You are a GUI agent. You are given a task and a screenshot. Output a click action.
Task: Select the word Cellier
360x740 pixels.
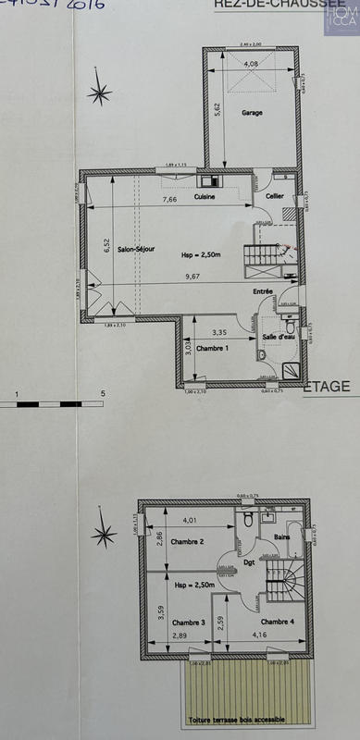pos(274,197)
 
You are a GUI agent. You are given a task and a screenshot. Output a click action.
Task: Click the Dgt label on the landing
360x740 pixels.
pos(249,562)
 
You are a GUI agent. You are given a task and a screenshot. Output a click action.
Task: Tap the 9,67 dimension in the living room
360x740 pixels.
pos(192,277)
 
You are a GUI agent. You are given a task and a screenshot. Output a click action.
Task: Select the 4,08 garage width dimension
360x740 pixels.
pos(251,64)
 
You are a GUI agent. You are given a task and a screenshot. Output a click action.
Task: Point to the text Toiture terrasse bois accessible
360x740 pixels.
pos(238,720)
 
